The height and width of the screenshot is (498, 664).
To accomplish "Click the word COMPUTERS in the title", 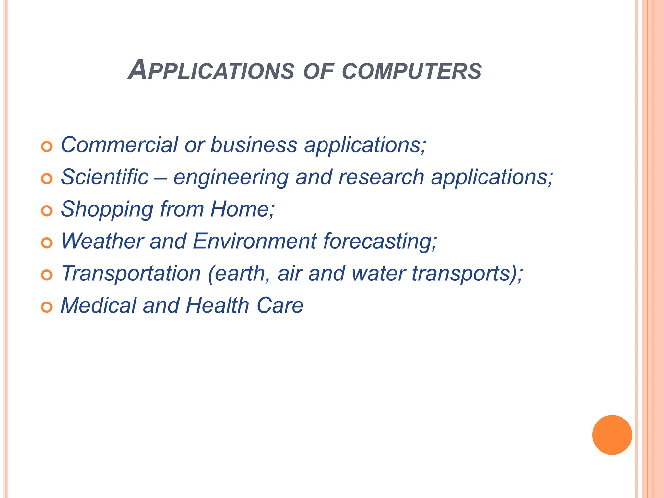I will click(x=412, y=71).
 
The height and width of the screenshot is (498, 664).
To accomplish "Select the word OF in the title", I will click(x=318, y=71).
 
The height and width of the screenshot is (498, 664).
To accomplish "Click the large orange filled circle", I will click(x=612, y=435).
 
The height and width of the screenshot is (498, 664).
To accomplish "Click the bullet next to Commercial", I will click(x=47, y=147).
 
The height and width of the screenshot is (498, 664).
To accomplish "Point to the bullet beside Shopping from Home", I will click(x=47, y=211).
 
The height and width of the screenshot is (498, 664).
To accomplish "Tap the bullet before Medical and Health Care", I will click(x=47, y=307).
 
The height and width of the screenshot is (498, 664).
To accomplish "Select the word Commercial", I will click(x=119, y=145).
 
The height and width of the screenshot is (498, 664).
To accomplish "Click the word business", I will click(x=254, y=145).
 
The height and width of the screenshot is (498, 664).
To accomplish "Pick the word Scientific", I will click(x=104, y=177).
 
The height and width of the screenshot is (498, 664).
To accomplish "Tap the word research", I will click(x=381, y=177).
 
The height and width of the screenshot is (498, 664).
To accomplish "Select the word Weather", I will click(x=102, y=241).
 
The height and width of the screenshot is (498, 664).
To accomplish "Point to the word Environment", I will click(x=255, y=241).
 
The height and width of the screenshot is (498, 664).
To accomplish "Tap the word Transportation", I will click(x=131, y=273).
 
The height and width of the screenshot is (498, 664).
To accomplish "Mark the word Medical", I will click(x=99, y=305).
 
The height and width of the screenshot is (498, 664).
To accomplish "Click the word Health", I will click(x=217, y=305).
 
